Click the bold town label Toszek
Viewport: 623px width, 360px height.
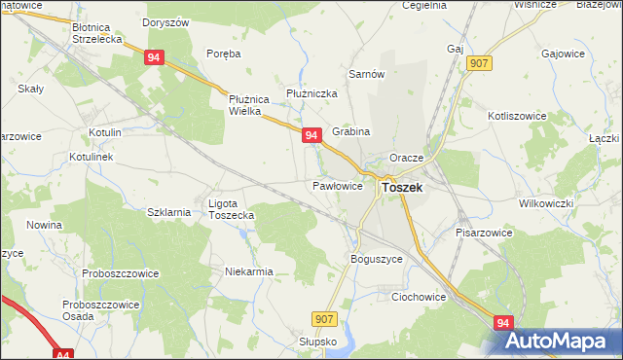point(402,188)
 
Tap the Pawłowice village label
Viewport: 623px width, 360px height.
point(338,185)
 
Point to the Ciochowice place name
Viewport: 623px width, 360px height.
point(419,297)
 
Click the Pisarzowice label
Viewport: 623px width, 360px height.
point(484,234)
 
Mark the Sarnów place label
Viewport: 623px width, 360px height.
point(368,74)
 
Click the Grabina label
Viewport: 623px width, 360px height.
point(351,131)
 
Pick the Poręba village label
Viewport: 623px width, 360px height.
point(224,54)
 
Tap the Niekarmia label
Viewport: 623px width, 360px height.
point(249,272)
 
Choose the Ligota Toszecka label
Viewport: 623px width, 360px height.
point(232,209)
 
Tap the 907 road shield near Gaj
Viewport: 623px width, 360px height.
point(478,62)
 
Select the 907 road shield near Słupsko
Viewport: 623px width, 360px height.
point(326,318)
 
